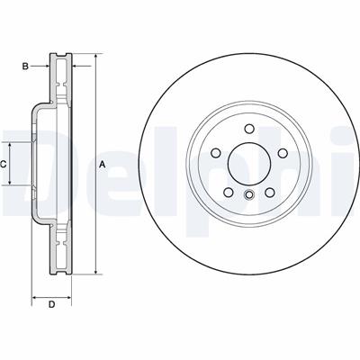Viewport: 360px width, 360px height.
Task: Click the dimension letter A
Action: [x=102, y=164]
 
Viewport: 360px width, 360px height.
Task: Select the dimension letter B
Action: [x=26, y=66]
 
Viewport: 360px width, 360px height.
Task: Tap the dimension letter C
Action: [x=4, y=164]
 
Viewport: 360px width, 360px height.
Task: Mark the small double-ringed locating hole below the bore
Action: [x=247, y=195]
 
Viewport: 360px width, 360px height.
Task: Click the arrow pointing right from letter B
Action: [x=45, y=66]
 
